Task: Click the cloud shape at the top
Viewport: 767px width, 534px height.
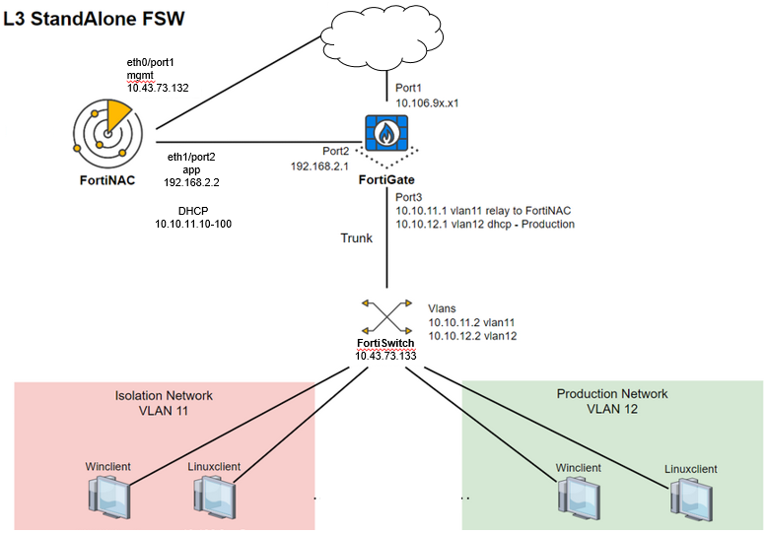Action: pyautogui.click(x=385, y=37)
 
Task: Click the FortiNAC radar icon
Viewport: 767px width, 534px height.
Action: pyautogui.click(x=104, y=134)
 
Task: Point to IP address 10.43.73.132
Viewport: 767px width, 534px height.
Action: pyautogui.click(x=158, y=89)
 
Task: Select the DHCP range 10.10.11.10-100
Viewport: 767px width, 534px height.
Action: pyautogui.click(x=193, y=226)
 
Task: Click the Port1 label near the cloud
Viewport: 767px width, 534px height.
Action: pyautogui.click(x=411, y=88)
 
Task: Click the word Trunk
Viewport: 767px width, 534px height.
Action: pyautogui.click(x=356, y=238)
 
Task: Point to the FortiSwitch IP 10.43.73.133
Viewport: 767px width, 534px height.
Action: pyautogui.click(x=384, y=355)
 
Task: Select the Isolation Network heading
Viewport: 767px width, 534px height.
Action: pyautogui.click(x=165, y=395)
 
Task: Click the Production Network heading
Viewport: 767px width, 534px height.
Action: pyautogui.click(x=611, y=394)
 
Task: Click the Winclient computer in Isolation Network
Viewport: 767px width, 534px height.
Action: pyautogui.click(x=105, y=494)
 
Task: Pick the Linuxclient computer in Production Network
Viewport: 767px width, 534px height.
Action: pyautogui.click(x=690, y=495)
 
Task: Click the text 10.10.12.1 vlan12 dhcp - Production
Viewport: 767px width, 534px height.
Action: pyautogui.click(x=484, y=225)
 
